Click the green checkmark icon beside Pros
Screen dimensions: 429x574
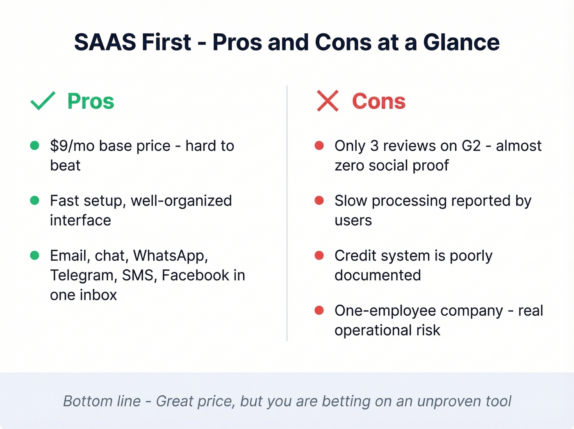[43, 101]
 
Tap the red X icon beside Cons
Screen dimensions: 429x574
[328, 101]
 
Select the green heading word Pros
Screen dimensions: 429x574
[91, 101]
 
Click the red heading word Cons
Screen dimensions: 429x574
[379, 101]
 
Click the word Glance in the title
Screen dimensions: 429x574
[461, 42]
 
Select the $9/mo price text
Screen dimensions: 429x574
[72, 146]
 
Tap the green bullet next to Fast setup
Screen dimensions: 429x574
[35, 200]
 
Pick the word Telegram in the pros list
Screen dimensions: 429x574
[84, 275]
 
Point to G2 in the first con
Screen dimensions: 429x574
[471, 146]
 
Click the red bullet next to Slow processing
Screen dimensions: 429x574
[319, 200]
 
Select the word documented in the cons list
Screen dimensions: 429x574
[378, 275]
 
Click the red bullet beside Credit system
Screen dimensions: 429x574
[319, 256]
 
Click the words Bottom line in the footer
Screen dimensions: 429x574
[102, 401]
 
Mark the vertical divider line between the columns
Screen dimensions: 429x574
[287, 213]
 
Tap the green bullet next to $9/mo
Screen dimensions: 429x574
[35, 145]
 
